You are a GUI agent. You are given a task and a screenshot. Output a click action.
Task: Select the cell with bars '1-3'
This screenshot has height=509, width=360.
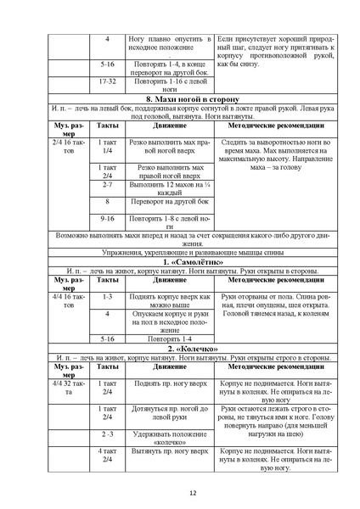point(107,297)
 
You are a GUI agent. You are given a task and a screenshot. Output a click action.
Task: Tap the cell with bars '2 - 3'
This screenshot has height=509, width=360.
point(107,435)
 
